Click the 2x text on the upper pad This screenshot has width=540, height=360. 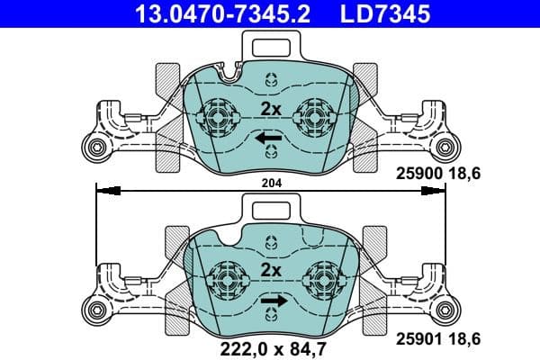coord(271,109)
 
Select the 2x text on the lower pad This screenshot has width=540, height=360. coord(271,270)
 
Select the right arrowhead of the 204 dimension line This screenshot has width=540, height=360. coord(435,190)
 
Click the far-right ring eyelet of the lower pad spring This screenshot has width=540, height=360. coord(446,309)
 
